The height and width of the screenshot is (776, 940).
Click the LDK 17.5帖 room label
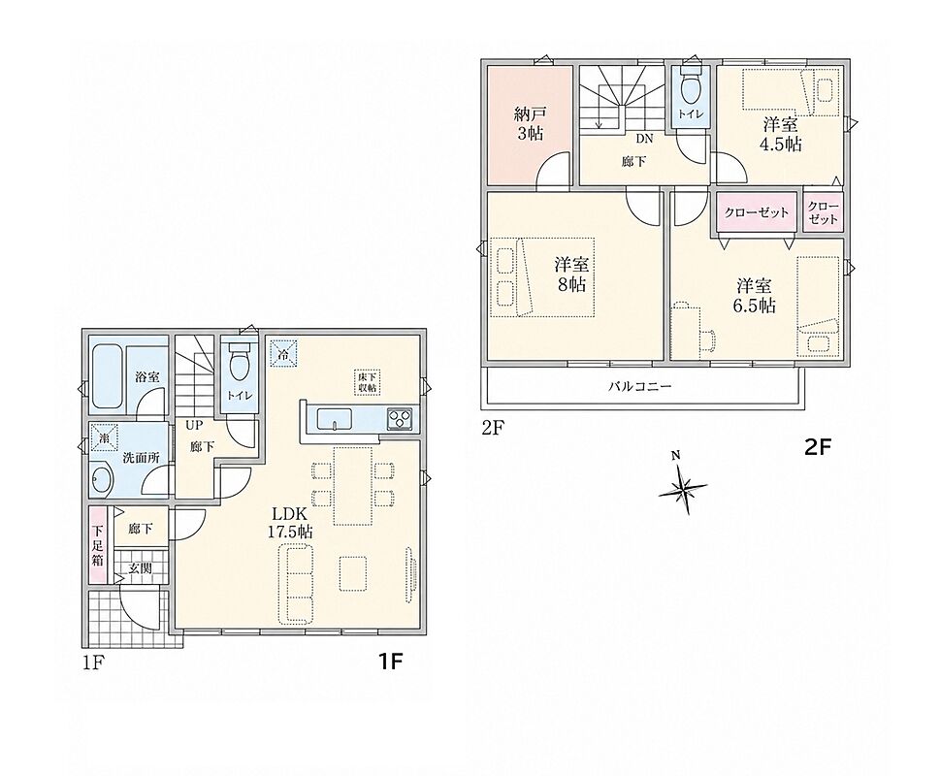(292, 522)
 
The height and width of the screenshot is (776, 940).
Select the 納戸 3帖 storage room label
(530, 122)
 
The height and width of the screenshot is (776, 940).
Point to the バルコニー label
(640, 386)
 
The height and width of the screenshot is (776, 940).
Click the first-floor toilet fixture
(240, 361)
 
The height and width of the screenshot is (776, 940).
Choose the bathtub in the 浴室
(108, 378)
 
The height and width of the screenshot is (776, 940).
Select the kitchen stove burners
(398, 418)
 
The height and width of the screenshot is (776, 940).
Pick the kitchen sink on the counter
(336, 418)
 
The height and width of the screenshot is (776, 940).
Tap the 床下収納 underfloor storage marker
(368, 381)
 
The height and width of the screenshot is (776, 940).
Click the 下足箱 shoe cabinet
(98, 545)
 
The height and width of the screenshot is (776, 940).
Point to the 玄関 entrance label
(141, 567)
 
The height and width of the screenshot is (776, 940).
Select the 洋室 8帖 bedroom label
(571, 274)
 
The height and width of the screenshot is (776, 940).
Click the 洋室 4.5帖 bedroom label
(782, 134)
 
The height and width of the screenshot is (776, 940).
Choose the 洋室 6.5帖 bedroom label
(755, 295)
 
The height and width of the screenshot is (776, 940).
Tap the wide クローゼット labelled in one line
(757, 212)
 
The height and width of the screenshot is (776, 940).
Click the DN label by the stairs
(644, 139)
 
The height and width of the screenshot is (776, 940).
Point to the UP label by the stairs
(195, 425)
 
